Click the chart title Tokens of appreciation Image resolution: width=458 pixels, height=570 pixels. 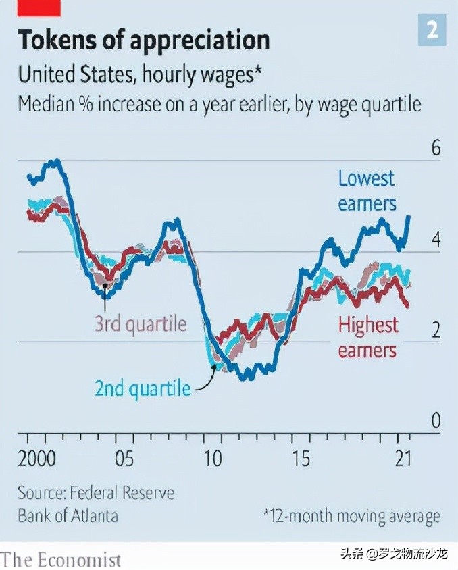click(x=143, y=40)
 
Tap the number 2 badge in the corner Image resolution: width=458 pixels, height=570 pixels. click(x=432, y=30)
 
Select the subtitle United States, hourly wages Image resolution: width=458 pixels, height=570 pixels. click(x=139, y=74)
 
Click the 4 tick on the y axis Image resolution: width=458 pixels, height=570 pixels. click(x=436, y=240)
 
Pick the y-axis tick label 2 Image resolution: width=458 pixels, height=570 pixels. click(x=436, y=331)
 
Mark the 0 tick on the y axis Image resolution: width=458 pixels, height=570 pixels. click(x=436, y=421)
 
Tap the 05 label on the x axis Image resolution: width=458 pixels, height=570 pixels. click(x=124, y=459)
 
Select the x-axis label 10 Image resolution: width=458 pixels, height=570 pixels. click(x=213, y=459)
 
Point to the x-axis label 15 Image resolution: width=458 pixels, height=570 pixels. click(x=301, y=459)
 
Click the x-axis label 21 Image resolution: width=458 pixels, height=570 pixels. click(x=403, y=459)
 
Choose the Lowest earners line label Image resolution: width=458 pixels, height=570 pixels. click(x=367, y=190)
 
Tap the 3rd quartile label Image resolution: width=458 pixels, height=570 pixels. click(x=140, y=323)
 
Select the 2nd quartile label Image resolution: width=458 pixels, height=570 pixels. click(x=143, y=388)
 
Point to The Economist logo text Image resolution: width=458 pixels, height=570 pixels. click(x=61, y=560)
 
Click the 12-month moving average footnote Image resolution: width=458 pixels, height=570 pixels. click(x=351, y=517)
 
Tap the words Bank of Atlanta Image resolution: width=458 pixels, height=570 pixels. click(x=68, y=516)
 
